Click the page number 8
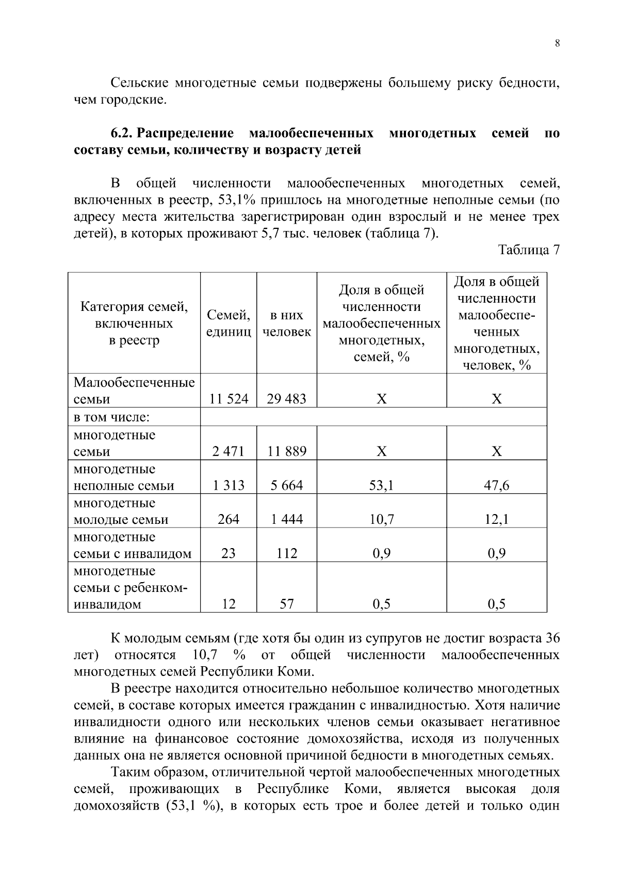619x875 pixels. [x=557, y=43]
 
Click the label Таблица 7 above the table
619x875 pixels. [x=529, y=250]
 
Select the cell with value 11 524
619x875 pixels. [x=229, y=399]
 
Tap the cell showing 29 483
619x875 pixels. [x=286, y=399]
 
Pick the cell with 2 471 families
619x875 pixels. [x=229, y=451]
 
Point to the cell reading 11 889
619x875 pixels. [x=286, y=451]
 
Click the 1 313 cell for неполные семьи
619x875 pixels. [x=229, y=485]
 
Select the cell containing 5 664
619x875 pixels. [x=286, y=485]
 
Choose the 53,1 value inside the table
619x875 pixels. [x=381, y=485]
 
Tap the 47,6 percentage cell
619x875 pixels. [x=496, y=485]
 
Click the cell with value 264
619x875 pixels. [x=229, y=519]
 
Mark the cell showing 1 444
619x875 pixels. [x=286, y=519]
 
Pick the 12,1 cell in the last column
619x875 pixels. [x=496, y=519]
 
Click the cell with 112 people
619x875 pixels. [x=286, y=553]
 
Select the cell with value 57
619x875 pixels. [x=286, y=604]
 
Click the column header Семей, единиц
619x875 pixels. [x=229, y=323]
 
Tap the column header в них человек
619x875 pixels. [x=286, y=323]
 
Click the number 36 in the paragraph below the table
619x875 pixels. [x=552, y=638]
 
